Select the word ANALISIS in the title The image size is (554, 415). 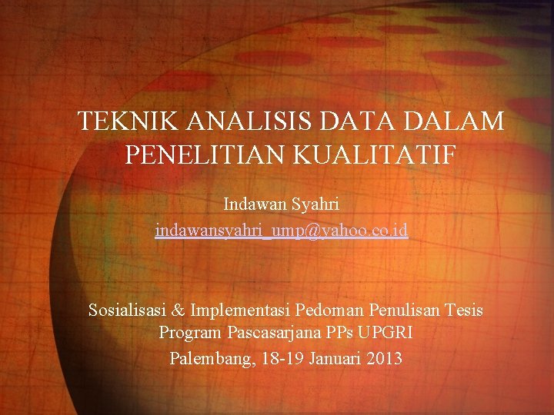coord(230,121)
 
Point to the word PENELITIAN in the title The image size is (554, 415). coord(199,154)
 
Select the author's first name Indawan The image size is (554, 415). coord(254,204)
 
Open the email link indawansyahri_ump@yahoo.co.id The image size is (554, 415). coord(282,230)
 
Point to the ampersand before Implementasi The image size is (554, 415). coord(177,310)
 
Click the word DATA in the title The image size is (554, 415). coord(350,121)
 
